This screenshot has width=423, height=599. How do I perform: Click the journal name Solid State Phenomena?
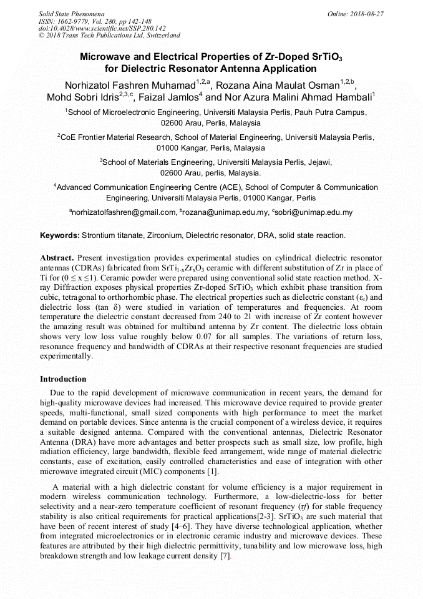[70, 13]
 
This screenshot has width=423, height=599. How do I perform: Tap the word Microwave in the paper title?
[104, 57]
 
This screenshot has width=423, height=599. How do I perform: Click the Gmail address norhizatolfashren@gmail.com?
[124, 212]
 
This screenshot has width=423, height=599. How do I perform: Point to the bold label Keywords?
[60, 235]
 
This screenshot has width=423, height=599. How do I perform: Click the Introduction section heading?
[63, 379]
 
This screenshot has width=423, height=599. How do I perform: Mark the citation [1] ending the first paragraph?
[212, 472]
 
